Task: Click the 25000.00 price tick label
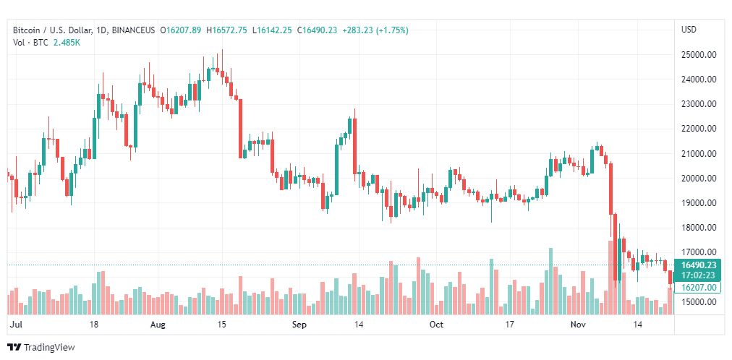[699, 54]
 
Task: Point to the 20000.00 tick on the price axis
[699, 178]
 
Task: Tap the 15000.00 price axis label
[699, 301]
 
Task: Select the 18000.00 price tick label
[699, 228]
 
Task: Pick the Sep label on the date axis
[299, 325]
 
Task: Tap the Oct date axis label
[435, 325]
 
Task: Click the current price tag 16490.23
[698, 265]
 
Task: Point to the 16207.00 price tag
[698, 287]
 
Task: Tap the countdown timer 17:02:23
[698, 275]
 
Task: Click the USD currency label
[689, 30]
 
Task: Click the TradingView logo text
[49, 348]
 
